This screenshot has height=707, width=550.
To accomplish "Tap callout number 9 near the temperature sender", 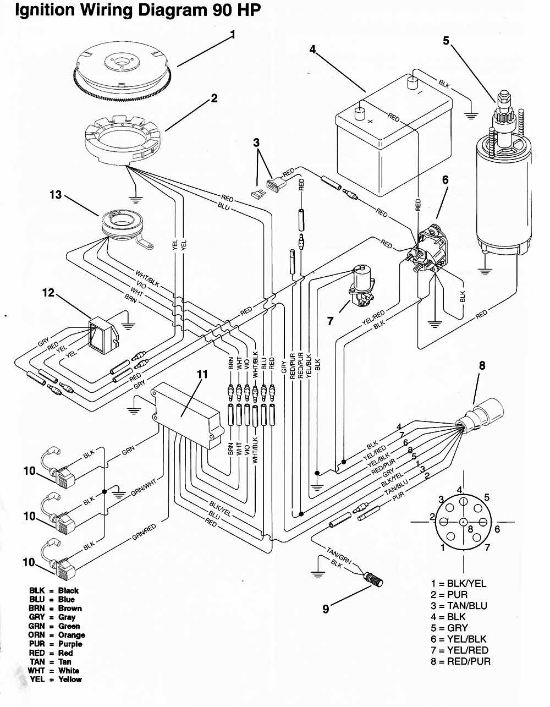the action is [x=326, y=609].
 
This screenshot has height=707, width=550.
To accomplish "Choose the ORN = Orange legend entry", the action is [x=57, y=635].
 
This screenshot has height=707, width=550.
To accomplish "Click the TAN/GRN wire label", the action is [x=339, y=555].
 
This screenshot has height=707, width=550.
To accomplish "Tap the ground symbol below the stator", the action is [x=135, y=199].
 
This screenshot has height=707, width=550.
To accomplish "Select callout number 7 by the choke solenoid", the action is [x=331, y=321].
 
